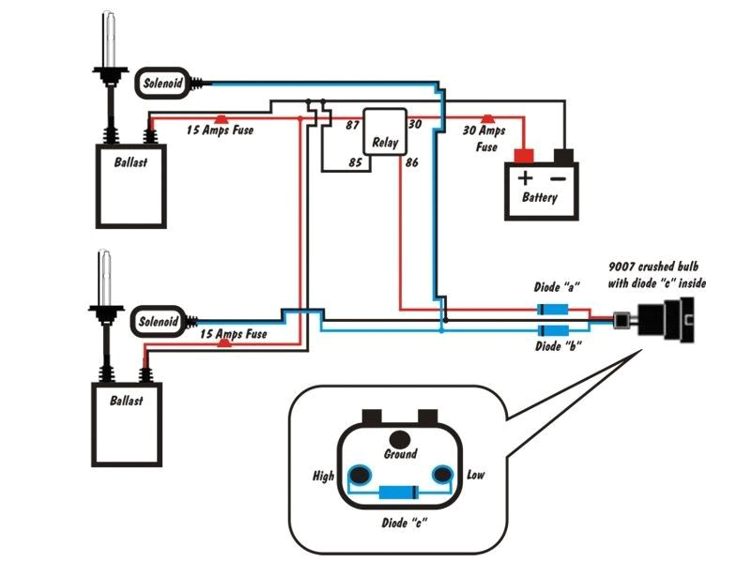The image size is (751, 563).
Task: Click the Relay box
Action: tap(385, 131)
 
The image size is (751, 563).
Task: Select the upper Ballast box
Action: tap(131, 185)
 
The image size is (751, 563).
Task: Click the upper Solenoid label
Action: tap(161, 83)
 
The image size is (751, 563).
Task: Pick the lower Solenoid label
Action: tap(158, 322)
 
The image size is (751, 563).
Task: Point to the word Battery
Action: tap(541, 198)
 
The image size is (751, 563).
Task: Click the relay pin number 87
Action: tap(353, 125)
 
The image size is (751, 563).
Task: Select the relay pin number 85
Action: tap(355, 162)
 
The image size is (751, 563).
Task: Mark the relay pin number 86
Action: tap(411, 163)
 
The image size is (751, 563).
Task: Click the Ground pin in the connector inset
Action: tap(401, 438)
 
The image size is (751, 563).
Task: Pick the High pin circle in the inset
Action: tap(358, 475)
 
